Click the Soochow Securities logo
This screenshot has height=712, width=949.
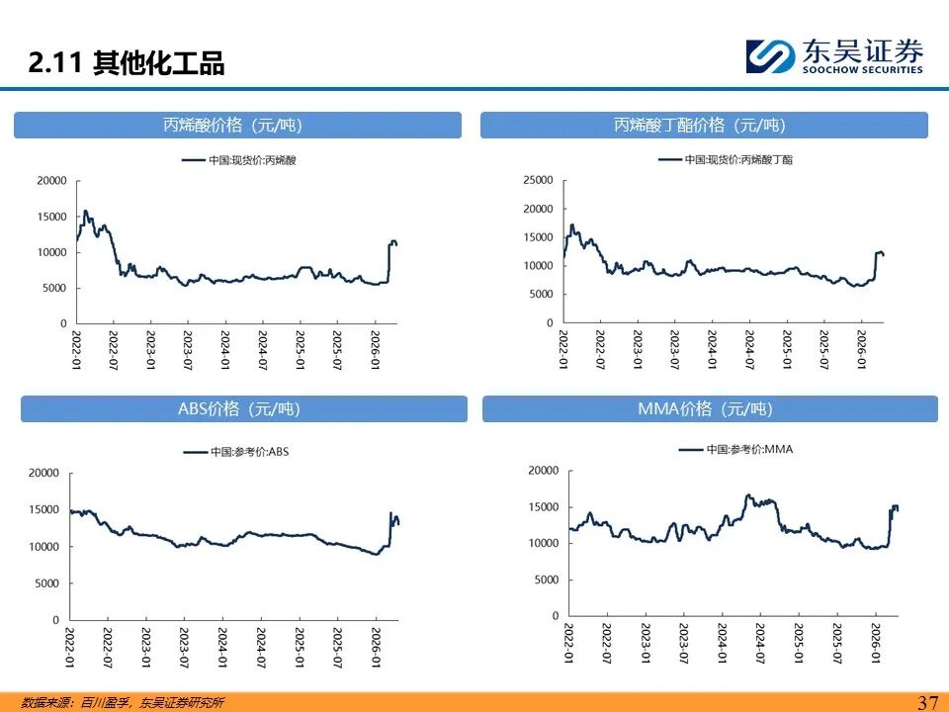coord(834,55)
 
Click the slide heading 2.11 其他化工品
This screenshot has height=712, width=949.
coord(127,64)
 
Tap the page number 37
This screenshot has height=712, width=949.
coord(927,703)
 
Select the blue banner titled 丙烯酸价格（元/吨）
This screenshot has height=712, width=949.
coord(237,125)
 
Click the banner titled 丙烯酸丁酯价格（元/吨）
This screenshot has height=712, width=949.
coord(704,125)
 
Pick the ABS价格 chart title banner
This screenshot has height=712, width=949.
coord(243,408)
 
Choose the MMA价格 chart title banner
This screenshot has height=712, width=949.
coord(710,408)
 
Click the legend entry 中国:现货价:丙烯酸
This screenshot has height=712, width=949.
coord(239,159)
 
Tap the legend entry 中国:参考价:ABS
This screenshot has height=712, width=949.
coord(237,452)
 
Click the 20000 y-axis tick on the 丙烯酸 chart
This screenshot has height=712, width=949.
coord(51,180)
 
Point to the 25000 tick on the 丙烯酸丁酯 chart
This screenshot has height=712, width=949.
coord(540,180)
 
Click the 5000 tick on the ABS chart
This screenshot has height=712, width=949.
coord(47,582)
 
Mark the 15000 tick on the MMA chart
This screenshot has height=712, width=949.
coord(543,506)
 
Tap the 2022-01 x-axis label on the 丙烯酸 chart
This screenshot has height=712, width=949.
coord(76,348)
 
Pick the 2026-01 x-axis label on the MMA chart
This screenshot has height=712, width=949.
coord(875,643)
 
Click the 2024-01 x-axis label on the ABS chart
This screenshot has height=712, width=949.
coord(220,646)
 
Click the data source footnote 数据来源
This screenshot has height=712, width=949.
coord(123,703)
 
